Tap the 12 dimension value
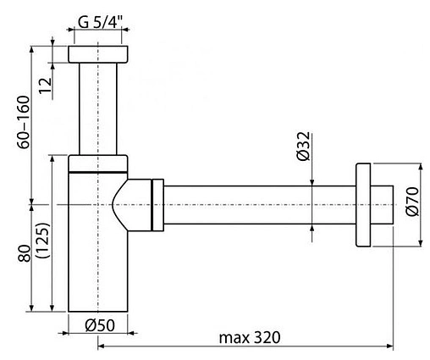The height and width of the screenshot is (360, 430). click(x=46, y=83)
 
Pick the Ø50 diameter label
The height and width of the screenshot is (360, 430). click(x=100, y=324)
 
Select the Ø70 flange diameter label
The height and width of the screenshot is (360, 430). click(x=412, y=203)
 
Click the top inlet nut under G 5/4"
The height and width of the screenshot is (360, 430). click(x=99, y=54)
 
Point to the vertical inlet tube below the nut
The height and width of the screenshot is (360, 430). click(x=99, y=110)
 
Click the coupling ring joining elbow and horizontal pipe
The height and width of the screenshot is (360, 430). click(x=156, y=204)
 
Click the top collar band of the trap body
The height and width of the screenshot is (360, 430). click(x=99, y=163)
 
